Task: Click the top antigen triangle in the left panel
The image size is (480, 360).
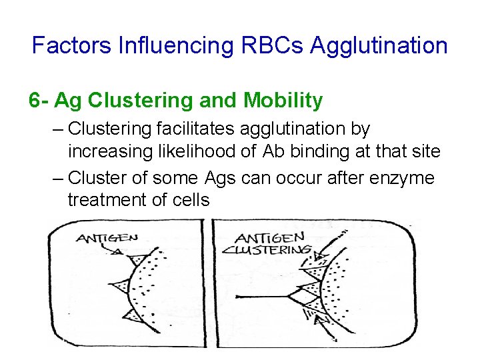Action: (x=139, y=259)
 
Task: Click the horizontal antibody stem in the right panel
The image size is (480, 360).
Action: (x=260, y=295)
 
